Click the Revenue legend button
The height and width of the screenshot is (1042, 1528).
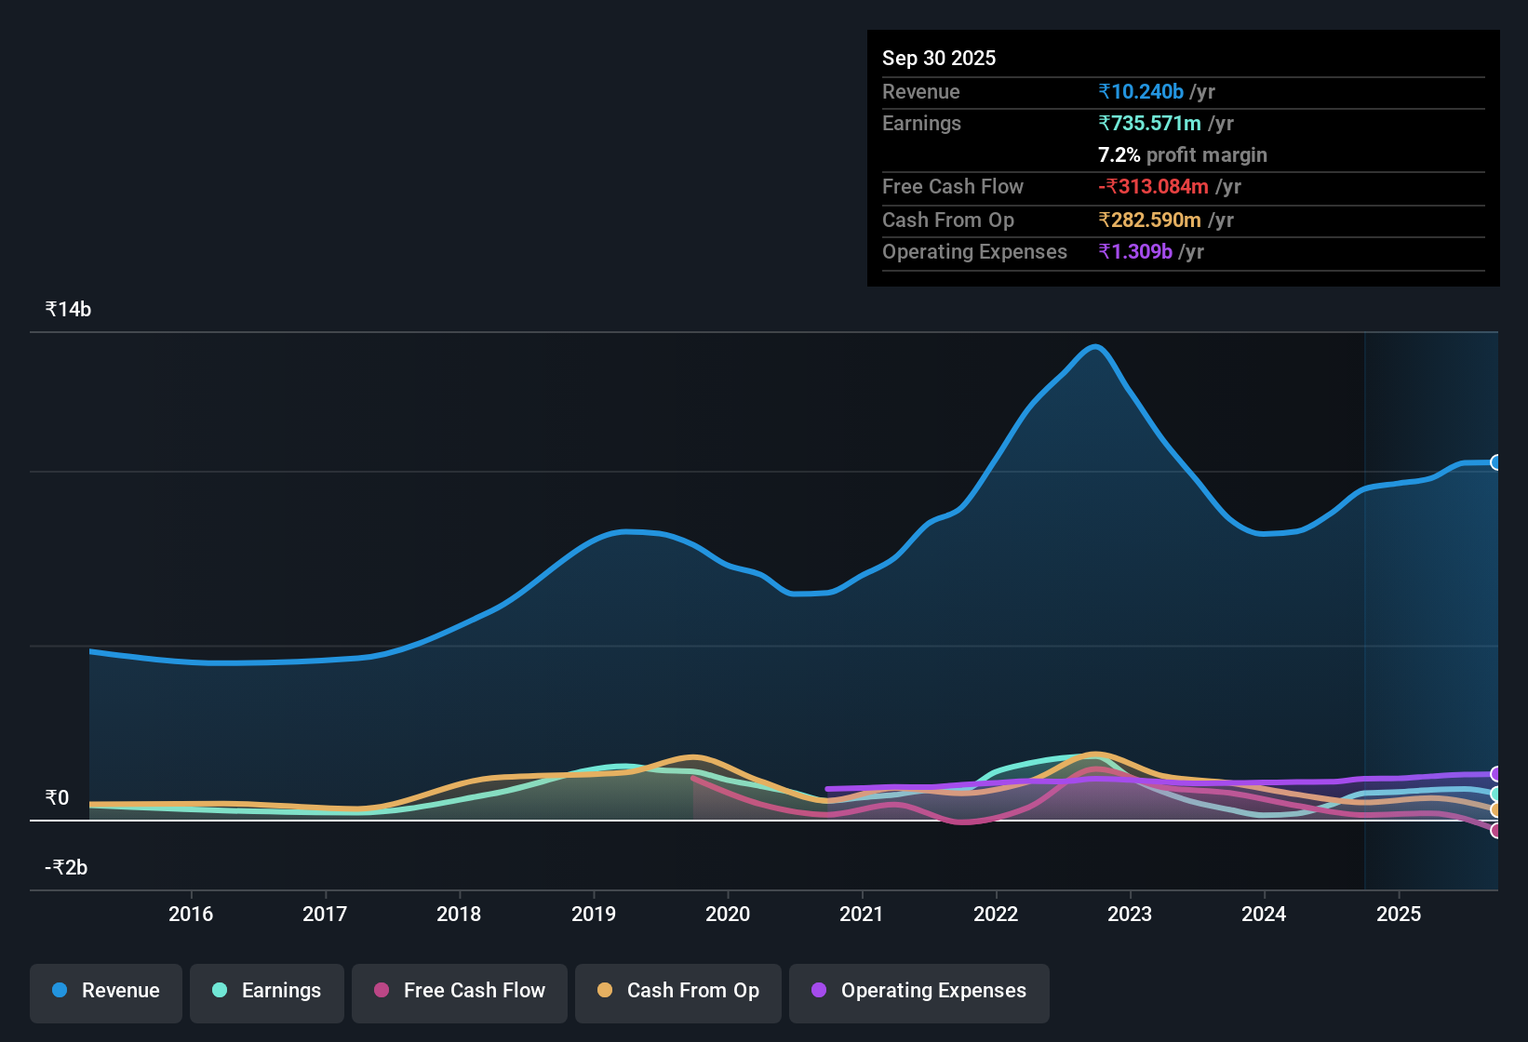tap(106, 991)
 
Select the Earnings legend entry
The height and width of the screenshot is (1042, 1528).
tap(267, 991)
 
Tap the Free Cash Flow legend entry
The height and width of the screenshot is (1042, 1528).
tap(460, 991)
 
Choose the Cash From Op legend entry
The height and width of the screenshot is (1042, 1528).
tap(678, 991)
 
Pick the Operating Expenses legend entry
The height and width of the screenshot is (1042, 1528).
tap(919, 991)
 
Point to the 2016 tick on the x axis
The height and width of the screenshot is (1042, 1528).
tap(191, 914)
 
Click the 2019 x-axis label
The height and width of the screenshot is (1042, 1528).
tap(594, 914)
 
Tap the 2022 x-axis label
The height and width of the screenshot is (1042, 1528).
tap(996, 914)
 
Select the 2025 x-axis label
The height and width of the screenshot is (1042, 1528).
tap(1399, 914)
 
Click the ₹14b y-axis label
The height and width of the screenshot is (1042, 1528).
tap(68, 310)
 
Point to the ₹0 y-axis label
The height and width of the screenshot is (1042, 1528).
tap(57, 797)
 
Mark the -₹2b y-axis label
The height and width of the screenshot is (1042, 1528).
tap(66, 867)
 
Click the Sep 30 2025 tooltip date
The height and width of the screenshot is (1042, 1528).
tap(939, 58)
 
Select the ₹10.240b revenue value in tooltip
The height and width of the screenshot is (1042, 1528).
tap(1141, 91)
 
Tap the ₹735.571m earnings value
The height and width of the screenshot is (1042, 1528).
tap(1149, 123)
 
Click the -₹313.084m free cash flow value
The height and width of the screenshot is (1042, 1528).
tap(1153, 186)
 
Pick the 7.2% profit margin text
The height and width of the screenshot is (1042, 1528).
tap(1182, 154)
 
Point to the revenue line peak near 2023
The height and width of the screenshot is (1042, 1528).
tap(1095, 347)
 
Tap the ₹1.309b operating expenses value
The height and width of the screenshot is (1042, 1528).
tap(1135, 251)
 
